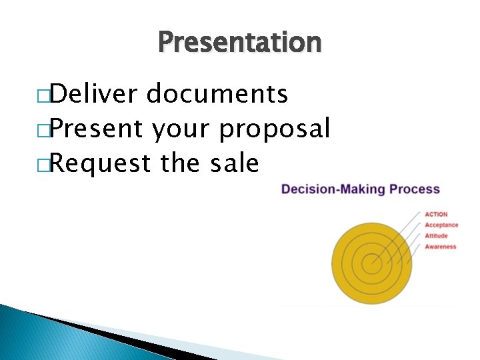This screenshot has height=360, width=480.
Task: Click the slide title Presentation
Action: [240, 43]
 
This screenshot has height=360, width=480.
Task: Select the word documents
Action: [217, 95]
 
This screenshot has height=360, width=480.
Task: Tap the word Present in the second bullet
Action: [95, 129]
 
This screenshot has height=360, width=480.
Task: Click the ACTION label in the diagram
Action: [437, 214]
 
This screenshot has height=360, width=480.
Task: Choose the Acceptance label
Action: [441, 225]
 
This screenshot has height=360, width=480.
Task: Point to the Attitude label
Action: [437, 236]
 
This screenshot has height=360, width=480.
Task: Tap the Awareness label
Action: [441, 247]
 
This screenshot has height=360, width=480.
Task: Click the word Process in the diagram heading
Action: [415, 189]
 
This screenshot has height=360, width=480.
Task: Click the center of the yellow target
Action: [372, 261]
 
